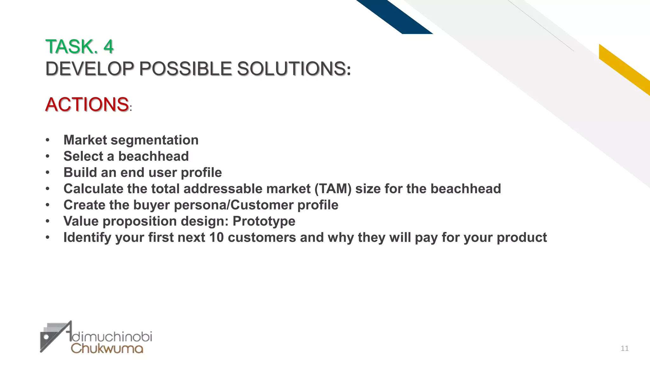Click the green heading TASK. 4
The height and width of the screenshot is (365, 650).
coord(79,47)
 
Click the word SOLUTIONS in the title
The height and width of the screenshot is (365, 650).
coord(291,68)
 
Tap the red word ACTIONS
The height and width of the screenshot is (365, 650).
coord(87,104)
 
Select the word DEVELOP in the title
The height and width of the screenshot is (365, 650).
coord(90,68)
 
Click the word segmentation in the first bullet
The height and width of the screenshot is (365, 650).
coord(155,140)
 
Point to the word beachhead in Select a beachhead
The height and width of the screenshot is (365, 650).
coord(153,156)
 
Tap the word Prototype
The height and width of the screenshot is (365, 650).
coord(264,221)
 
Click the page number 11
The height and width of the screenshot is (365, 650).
coord(624,349)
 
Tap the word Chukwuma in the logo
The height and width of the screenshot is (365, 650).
coord(107,348)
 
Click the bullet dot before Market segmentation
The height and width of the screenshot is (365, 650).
coord(48,140)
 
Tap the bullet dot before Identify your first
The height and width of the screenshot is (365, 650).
coord(48,237)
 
